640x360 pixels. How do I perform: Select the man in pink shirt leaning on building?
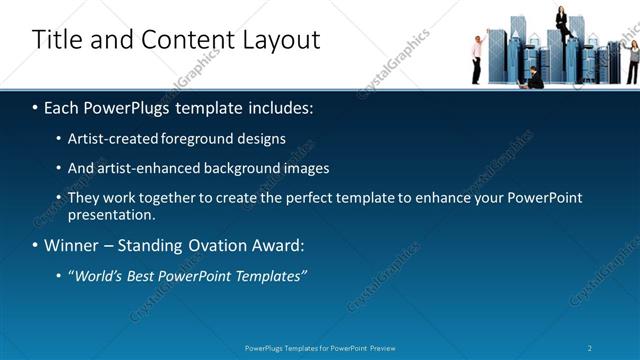[478, 58]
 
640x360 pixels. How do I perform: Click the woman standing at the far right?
[632, 60]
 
